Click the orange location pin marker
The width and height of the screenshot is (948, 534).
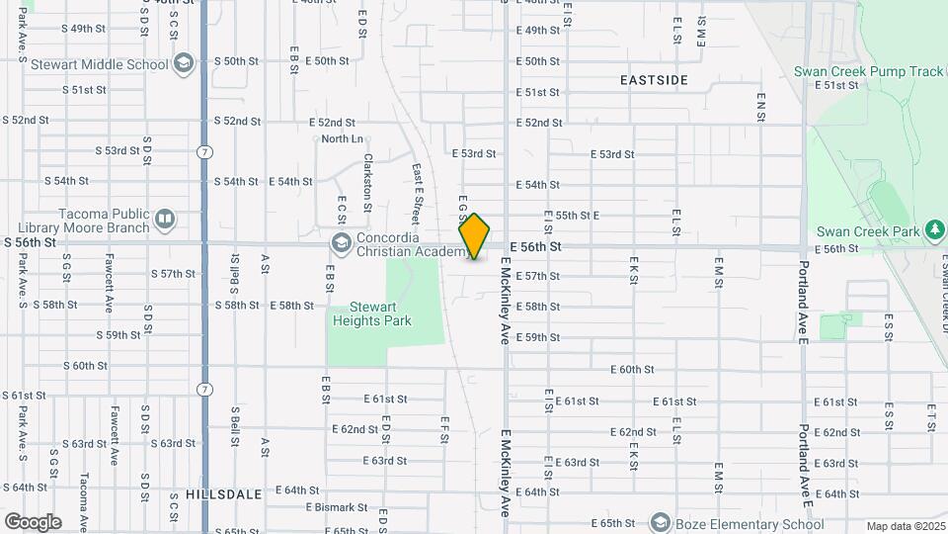tap(475, 236)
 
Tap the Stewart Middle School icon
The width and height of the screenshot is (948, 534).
tap(182, 64)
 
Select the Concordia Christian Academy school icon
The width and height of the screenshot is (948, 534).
tap(341, 243)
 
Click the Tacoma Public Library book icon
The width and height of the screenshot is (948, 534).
tap(164, 218)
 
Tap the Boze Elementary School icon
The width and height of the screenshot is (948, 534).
tap(660, 522)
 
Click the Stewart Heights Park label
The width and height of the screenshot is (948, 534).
tap(371, 313)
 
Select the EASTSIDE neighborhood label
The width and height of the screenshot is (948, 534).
tap(653, 79)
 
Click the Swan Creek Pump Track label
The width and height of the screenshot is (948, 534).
tap(869, 72)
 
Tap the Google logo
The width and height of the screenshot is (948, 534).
tap(33, 521)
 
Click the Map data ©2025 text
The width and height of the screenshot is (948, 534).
tap(907, 526)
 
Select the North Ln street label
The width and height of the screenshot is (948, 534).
tap(343, 138)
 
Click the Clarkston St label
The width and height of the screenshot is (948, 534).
tap(367, 182)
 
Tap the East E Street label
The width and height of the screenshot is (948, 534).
tap(417, 193)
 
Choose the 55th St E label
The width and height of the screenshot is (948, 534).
tap(578, 215)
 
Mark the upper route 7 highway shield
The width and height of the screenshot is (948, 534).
tap(204, 152)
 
